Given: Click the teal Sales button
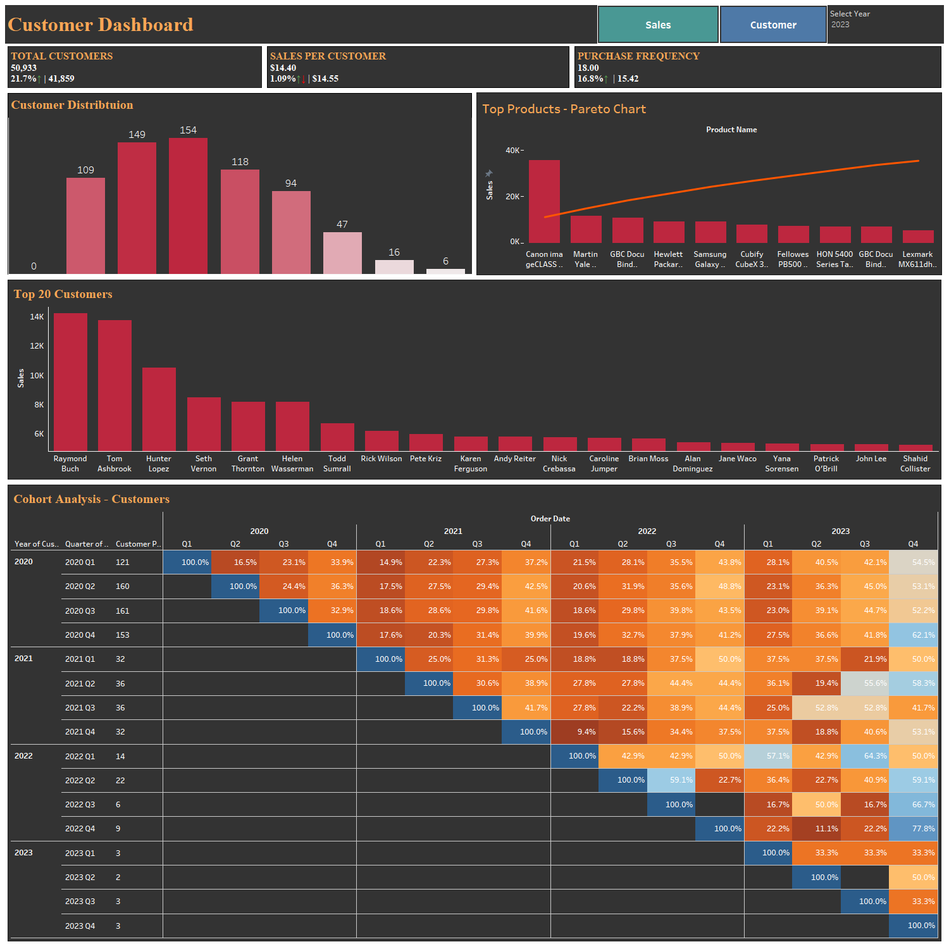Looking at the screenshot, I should tap(658, 25).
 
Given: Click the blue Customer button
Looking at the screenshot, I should tap(773, 25).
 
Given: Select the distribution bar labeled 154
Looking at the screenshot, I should tap(188, 206).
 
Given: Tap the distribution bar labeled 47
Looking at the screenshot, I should tap(342, 252).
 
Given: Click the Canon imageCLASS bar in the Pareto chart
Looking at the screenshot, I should tap(544, 201).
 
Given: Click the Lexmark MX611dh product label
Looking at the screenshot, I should tap(917, 259).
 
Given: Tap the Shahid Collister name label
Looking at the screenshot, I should tap(915, 463).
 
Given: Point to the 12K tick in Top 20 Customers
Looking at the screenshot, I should tap(37, 346).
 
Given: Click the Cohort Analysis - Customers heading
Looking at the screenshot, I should tap(92, 499).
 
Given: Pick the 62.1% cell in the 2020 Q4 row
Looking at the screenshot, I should tap(913, 635).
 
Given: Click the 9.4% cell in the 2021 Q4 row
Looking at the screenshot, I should tap(574, 731).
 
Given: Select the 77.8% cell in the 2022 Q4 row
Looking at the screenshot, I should tap(913, 828).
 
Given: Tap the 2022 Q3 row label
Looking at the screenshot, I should tap(80, 804).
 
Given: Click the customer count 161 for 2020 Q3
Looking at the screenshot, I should tap(122, 611).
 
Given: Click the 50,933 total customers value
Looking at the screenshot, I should tap(24, 68).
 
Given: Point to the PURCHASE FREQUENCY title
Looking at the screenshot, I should tap(638, 56).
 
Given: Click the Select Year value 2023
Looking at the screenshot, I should tap(840, 25).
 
